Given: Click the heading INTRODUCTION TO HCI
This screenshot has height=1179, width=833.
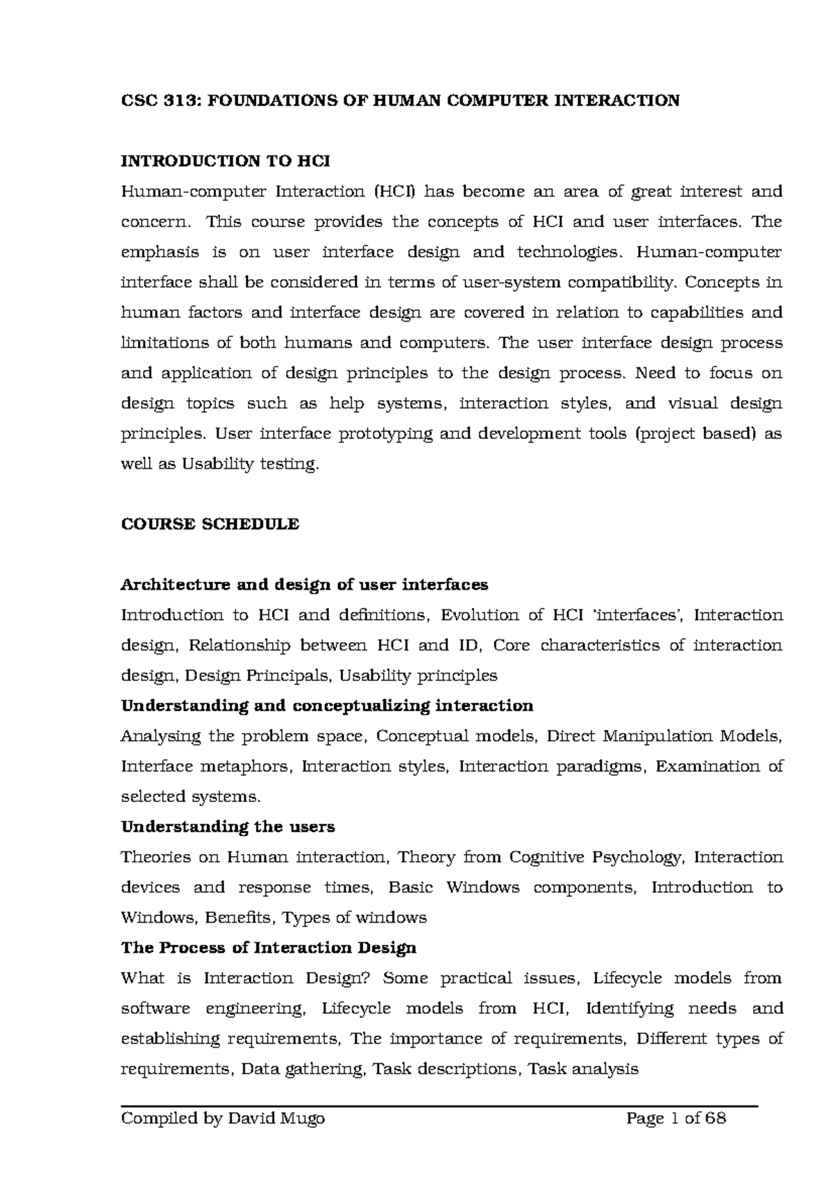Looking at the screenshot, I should pos(226,161).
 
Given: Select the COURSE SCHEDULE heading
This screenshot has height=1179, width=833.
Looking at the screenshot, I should pos(210,524).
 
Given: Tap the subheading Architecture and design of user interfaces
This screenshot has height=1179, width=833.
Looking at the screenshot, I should pos(304,585).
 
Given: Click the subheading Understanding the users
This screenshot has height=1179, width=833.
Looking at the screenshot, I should pos(228,827).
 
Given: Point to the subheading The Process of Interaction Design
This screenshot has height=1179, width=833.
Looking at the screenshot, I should pos(269,948).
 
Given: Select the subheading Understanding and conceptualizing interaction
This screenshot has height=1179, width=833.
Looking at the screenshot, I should pos(327,706).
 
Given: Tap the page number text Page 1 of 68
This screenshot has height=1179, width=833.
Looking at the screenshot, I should pos(676,1119).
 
